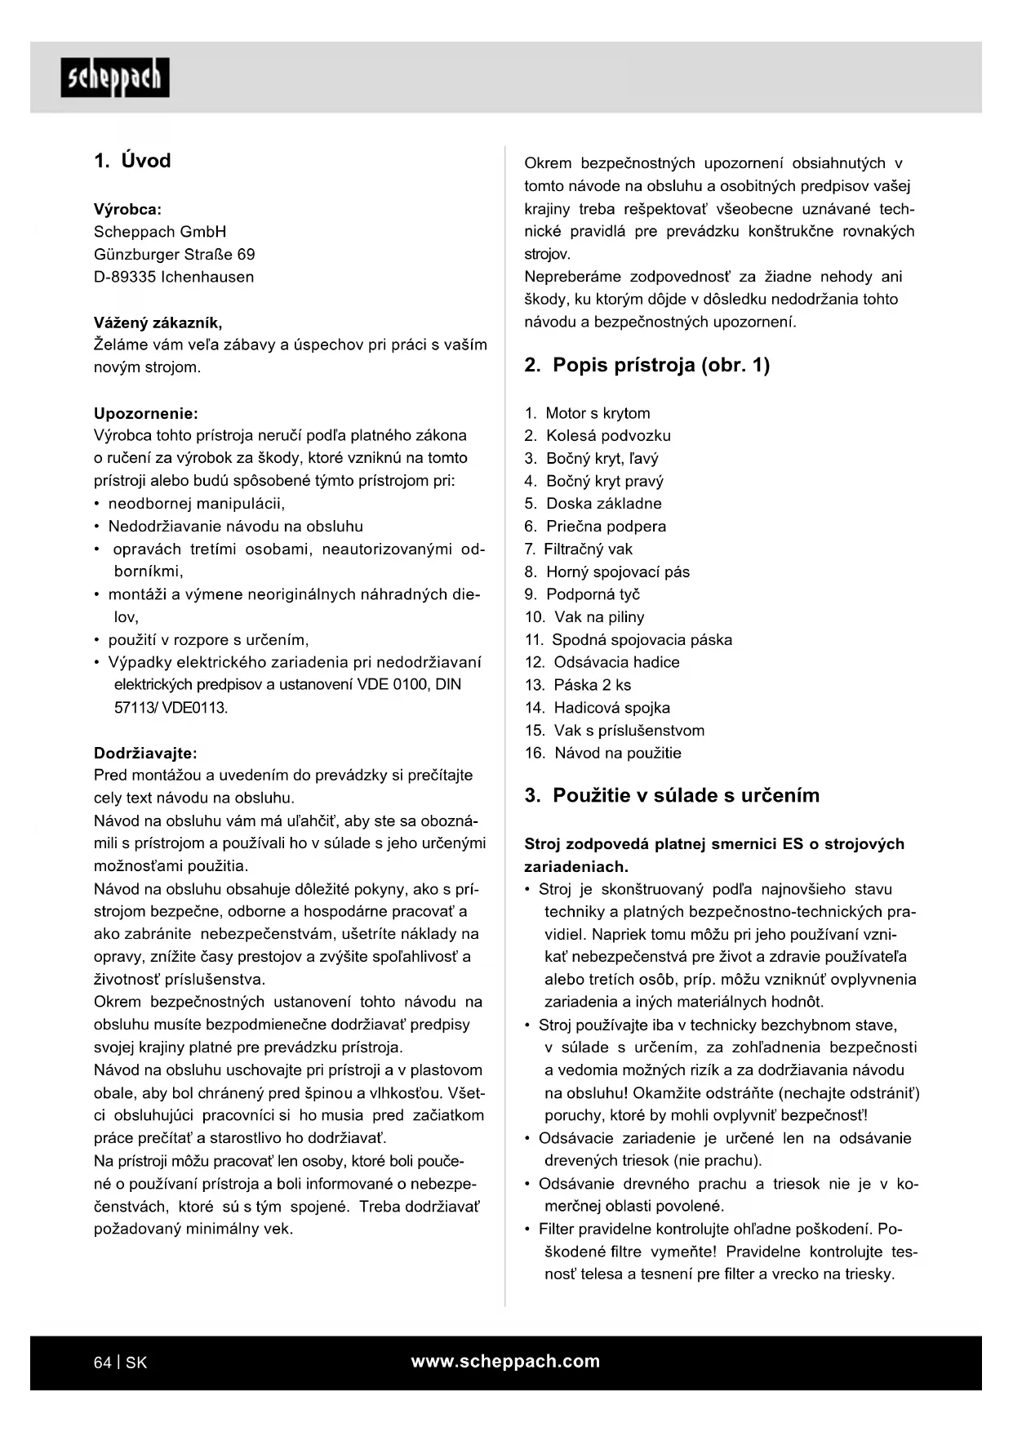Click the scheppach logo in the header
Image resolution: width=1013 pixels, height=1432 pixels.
(115, 78)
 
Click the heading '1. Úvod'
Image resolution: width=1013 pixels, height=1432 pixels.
(132, 161)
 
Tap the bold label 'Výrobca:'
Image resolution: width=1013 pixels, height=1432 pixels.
(127, 209)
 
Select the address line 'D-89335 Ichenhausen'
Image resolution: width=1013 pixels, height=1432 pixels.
(174, 277)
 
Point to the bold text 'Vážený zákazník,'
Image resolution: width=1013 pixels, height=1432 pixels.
(158, 322)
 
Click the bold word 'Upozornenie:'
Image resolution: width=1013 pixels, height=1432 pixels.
(145, 413)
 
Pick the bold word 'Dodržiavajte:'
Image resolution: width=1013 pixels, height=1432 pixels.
(145, 753)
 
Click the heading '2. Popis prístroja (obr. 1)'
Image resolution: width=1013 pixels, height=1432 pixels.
(646, 365)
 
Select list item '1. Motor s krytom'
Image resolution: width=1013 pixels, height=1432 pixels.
(588, 413)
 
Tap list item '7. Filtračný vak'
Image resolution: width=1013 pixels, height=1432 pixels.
(579, 549)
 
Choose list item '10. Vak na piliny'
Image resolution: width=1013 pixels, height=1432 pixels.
(584, 617)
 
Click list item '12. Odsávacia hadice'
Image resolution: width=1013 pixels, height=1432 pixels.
(602, 662)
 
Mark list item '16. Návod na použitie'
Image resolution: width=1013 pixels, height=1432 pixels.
(603, 753)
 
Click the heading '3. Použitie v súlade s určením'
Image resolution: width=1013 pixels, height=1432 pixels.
(672, 795)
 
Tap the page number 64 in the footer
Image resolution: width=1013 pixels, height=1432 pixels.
(102, 1363)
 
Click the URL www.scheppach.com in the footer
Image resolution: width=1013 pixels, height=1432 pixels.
(505, 1362)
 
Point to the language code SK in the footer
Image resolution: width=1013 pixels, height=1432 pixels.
(136, 1363)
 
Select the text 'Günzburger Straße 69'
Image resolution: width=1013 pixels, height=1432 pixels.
(174, 255)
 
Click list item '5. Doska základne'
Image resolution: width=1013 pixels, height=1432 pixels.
(593, 504)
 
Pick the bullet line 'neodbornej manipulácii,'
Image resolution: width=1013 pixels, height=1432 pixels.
(197, 504)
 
